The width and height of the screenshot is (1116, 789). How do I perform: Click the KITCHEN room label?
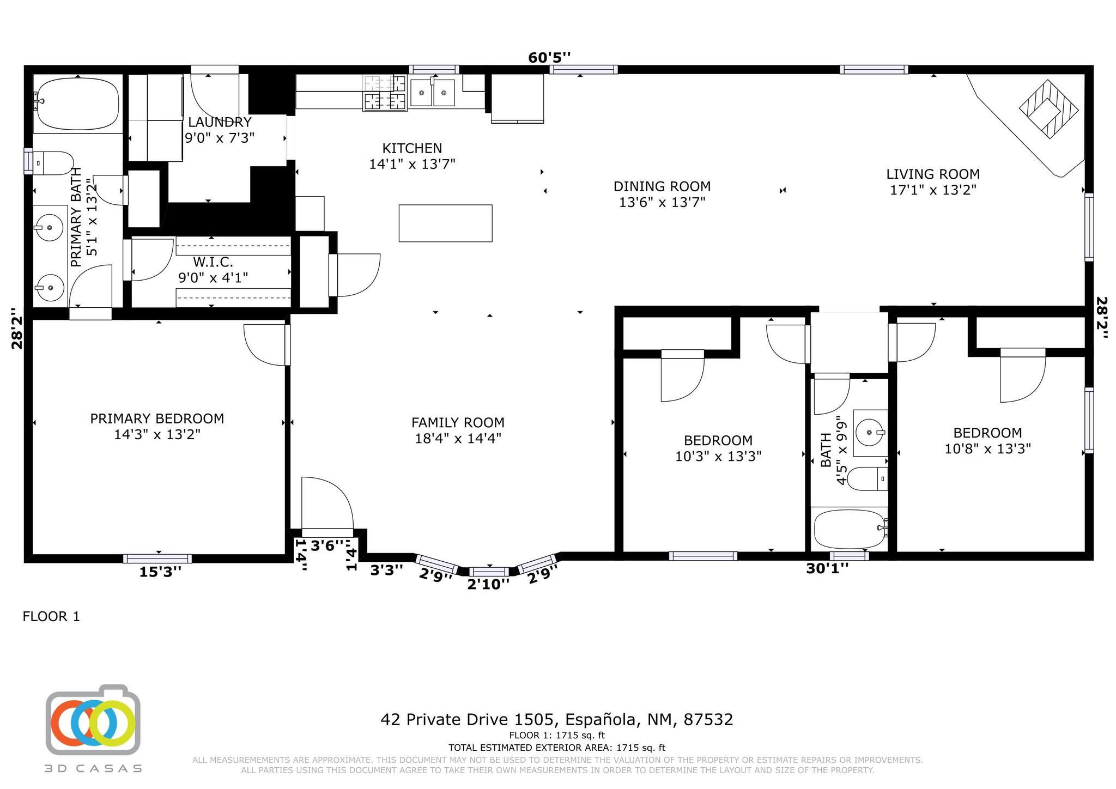(x=412, y=148)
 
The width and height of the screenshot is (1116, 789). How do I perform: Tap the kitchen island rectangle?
(x=445, y=223)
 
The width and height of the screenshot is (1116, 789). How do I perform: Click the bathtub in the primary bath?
(x=77, y=104)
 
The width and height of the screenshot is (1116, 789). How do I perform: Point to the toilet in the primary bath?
(x=52, y=163)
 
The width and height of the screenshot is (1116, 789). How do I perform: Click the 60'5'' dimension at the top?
(x=549, y=58)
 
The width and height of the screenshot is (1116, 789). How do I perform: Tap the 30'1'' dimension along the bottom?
(x=827, y=569)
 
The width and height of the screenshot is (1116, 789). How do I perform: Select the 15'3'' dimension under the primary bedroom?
(x=160, y=572)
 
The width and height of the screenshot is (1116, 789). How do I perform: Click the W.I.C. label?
(x=213, y=262)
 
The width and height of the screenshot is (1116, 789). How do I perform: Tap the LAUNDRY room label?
(x=220, y=122)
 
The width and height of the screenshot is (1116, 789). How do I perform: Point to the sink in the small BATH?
(x=869, y=433)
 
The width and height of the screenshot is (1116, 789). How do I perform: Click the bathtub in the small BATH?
(x=849, y=529)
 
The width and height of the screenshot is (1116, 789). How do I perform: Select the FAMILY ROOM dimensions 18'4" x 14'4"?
(x=458, y=438)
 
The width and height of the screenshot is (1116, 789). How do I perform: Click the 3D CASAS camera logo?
(x=93, y=720)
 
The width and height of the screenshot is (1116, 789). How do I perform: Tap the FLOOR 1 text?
(x=51, y=616)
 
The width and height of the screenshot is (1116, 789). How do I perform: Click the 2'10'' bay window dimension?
(x=488, y=584)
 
